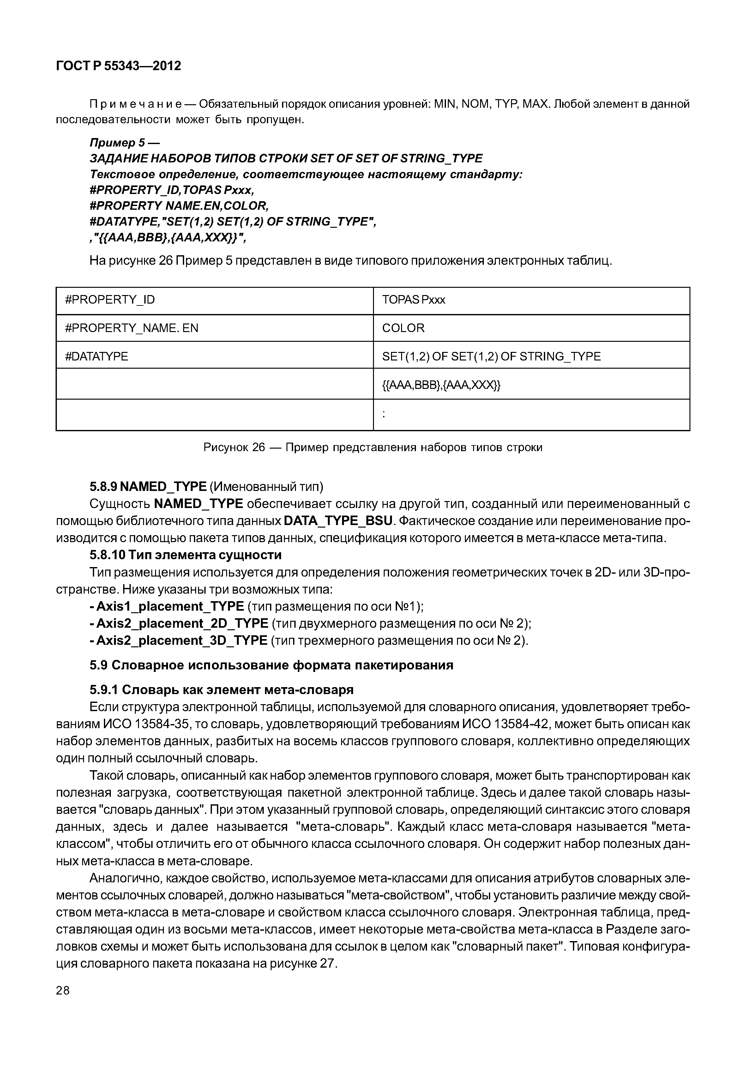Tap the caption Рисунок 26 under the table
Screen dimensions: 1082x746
coord(373,447)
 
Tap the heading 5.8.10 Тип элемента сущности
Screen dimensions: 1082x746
coord(186,555)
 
